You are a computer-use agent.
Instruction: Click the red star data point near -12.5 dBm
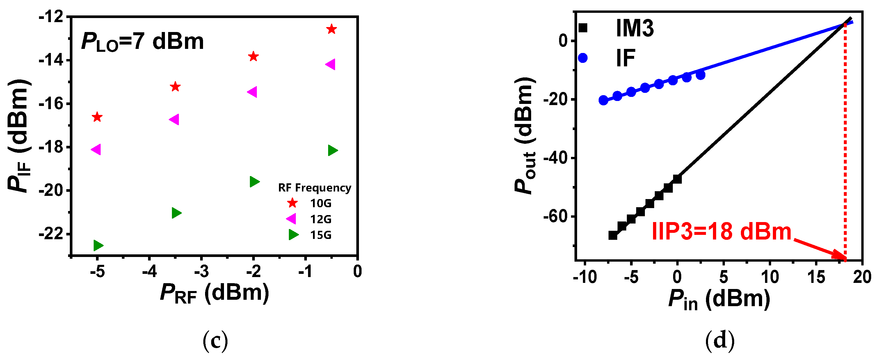331,29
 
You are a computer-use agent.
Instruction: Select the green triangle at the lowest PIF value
98,245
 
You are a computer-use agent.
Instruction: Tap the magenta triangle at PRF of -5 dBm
96,149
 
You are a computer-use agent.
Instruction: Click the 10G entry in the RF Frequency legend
320,203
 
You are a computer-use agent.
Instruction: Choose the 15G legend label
320,235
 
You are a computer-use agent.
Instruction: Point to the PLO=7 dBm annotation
142,42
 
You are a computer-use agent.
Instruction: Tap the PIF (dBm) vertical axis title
19,136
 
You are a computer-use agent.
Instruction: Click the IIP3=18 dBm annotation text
721,232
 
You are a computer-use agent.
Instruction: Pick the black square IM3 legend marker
583,28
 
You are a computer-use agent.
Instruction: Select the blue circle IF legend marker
583,58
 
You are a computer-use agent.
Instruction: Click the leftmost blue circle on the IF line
603,100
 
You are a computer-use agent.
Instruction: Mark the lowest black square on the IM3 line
613,235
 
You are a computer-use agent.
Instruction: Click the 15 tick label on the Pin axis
816,277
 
